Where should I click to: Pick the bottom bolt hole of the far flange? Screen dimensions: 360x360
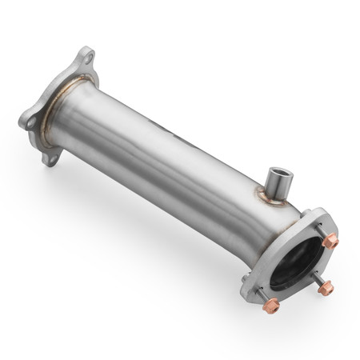click(x=53, y=158)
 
